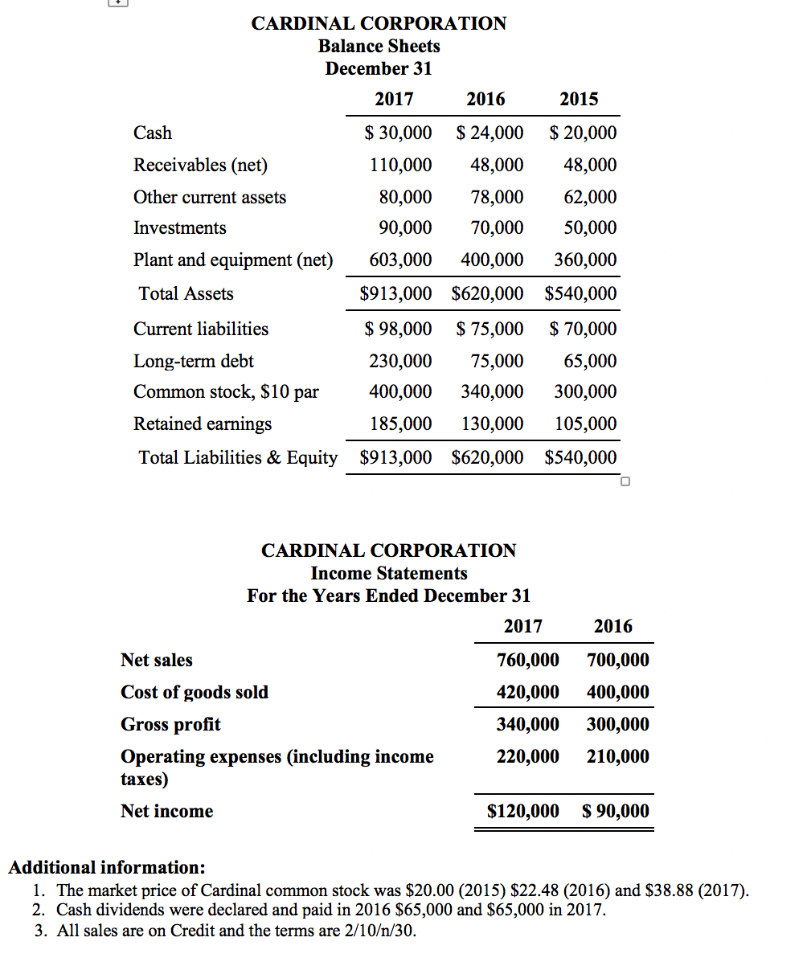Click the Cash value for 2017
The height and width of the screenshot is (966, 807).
click(398, 133)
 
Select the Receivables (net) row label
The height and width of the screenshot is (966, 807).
click(200, 165)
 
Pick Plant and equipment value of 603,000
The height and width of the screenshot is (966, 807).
click(400, 260)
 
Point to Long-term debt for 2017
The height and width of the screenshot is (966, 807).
click(400, 361)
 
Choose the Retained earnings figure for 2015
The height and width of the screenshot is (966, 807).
click(586, 424)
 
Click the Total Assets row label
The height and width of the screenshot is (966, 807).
click(186, 293)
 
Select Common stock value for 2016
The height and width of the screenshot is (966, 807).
click(492, 391)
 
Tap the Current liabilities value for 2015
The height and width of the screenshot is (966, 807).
click(584, 329)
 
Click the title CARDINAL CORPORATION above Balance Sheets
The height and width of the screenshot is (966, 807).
click(379, 23)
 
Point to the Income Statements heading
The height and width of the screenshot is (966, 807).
click(389, 573)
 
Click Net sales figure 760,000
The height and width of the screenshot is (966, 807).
click(528, 660)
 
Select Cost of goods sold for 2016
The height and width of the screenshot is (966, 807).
click(618, 692)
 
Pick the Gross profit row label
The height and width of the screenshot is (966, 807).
click(170, 724)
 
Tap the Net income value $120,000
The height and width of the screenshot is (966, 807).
click(523, 811)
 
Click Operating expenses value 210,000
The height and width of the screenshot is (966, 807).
click(618, 756)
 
